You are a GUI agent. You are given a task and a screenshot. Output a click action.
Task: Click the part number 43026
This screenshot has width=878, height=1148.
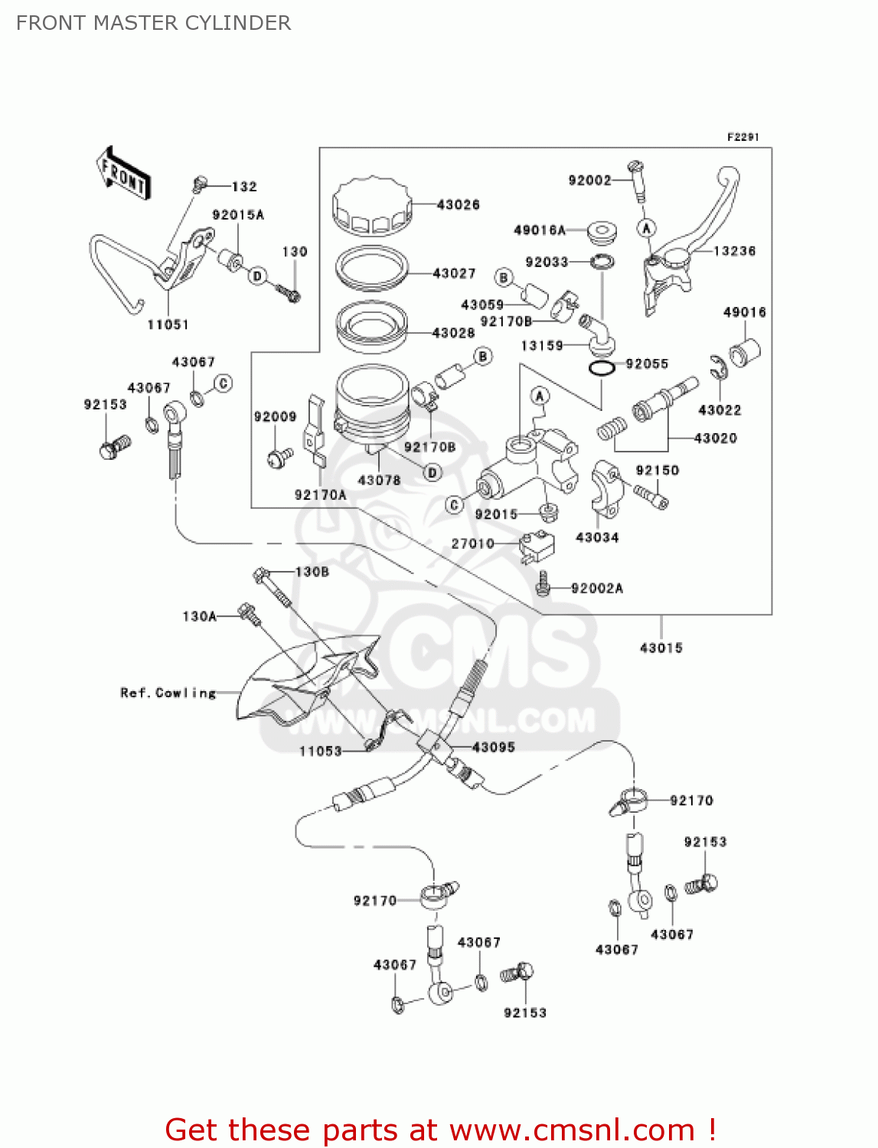pyautogui.click(x=458, y=204)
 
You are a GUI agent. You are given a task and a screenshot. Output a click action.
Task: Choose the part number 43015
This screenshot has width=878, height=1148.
pyautogui.click(x=661, y=647)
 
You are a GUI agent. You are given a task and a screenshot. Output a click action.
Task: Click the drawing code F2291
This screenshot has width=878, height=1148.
pyautogui.click(x=743, y=137)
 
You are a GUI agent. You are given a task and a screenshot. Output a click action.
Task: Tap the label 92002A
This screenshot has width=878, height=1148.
pyautogui.click(x=597, y=588)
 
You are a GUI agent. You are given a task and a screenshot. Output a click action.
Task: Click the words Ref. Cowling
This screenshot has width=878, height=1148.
pyautogui.click(x=168, y=693)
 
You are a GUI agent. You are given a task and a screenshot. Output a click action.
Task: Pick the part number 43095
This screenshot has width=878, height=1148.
pyautogui.click(x=494, y=746)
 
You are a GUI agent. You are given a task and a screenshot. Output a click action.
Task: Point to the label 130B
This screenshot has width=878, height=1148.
pyautogui.click(x=312, y=572)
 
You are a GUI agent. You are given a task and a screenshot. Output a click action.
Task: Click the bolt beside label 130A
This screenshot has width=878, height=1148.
pyautogui.click(x=249, y=612)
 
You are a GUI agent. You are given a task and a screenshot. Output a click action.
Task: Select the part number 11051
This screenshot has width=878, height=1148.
pyautogui.click(x=168, y=325)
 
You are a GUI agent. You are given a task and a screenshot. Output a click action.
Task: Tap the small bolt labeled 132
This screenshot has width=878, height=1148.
pyautogui.click(x=198, y=183)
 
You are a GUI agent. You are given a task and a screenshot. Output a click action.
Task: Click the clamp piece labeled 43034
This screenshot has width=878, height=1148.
pyautogui.click(x=604, y=488)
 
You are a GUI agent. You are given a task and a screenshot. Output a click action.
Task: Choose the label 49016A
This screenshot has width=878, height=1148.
pyautogui.click(x=540, y=230)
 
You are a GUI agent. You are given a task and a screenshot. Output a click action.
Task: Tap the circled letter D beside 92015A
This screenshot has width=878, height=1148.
pyautogui.click(x=258, y=276)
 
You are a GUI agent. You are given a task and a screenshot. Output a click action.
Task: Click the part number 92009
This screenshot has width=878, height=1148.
pyautogui.click(x=275, y=416)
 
